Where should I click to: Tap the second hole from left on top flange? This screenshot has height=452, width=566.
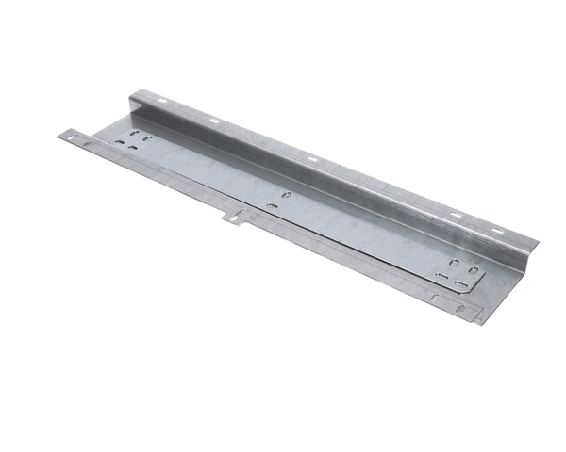coord(214,120)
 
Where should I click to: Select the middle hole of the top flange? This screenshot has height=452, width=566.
coord(311,159)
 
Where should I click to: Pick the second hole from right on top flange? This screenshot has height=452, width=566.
coord(456,215)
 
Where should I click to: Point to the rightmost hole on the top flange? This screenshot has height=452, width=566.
coord(496,230)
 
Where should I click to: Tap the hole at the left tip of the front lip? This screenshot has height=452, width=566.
coord(69,137)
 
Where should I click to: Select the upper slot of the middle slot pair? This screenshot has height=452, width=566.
coord(287,195)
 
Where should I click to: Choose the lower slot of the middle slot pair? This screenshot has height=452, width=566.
coord(273,205)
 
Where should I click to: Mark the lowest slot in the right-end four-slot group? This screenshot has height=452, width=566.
coord(460,283)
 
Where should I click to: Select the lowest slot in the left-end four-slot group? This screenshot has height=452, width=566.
coord(134,148)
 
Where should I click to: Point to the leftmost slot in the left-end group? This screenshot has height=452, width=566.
coord(119,142)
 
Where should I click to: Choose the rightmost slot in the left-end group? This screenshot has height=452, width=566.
coord(148,141)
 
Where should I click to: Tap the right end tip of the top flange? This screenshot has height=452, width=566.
coord(535,242)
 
